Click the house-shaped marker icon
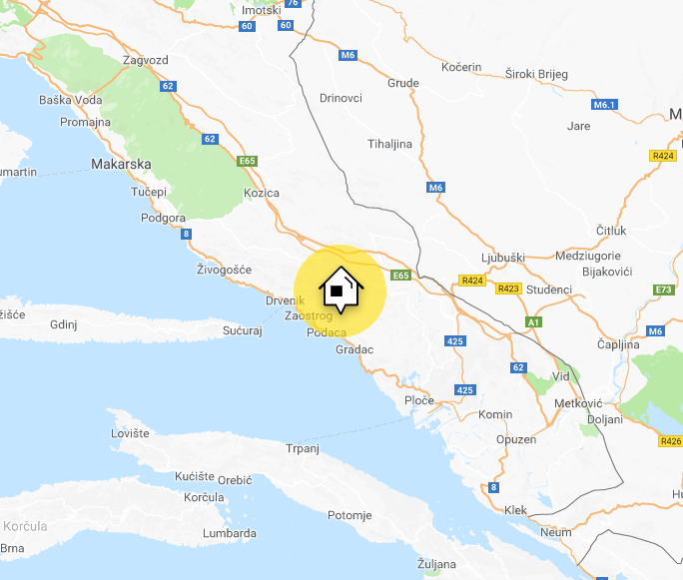(338, 290)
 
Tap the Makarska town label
(120, 164)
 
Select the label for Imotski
(262, 10)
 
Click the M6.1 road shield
(605, 105)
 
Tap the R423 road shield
(508, 289)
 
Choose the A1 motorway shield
(534, 322)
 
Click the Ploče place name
(419, 400)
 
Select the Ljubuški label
(503, 258)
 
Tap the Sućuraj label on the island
(242, 329)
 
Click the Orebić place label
(235, 479)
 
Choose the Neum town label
(557, 532)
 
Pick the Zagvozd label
(145, 60)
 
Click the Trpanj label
(302, 448)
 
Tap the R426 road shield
(670, 440)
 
